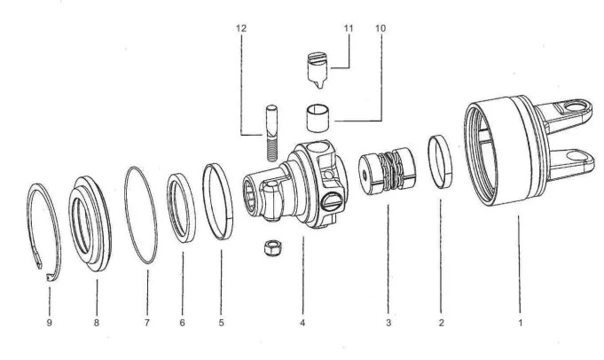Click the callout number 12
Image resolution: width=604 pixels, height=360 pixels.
coord(241,27)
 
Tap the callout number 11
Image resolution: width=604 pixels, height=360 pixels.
coord(349,27)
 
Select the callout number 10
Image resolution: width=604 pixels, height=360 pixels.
coord(381,27)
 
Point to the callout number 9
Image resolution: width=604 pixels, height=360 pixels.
coord(48,323)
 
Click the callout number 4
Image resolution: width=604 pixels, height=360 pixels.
coord(302,323)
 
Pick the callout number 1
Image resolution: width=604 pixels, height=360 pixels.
coord(520,323)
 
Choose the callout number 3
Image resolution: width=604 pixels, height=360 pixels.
coord(388,323)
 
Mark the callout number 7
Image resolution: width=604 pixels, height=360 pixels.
coord(147,323)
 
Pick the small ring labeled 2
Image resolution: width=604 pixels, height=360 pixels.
coord(441,161)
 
